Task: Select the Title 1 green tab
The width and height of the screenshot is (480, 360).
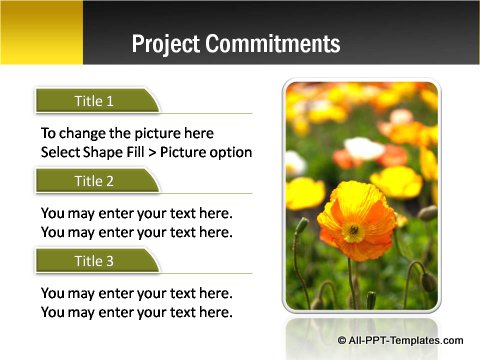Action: click(96, 101)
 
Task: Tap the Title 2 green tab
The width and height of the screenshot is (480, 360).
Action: click(96, 181)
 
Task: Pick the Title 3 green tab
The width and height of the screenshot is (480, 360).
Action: click(96, 261)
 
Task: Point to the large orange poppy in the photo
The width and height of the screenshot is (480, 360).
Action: click(356, 221)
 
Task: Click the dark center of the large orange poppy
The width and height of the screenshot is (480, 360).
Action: click(353, 231)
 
